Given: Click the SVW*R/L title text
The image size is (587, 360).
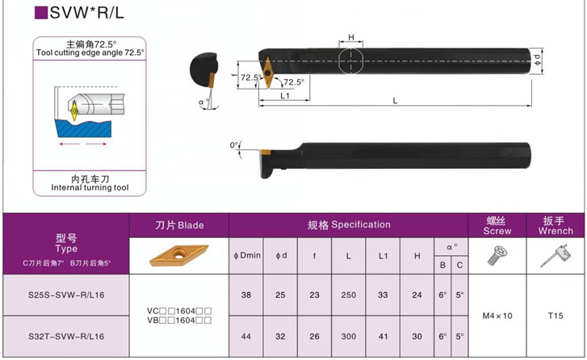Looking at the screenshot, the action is click(x=86, y=13).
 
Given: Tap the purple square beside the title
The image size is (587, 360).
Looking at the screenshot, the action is click(x=41, y=13).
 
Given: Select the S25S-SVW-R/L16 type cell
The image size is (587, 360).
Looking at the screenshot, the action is click(x=66, y=295).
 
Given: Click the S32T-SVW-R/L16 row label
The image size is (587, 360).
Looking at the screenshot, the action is click(x=66, y=337).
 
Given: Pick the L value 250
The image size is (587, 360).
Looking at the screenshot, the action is click(x=349, y=295).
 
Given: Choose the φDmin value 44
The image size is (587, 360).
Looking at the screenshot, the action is click(x=246, y=337).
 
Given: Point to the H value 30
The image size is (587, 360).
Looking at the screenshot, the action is click(x=417, y=337).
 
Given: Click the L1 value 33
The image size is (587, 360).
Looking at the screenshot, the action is click(x=383, y=295).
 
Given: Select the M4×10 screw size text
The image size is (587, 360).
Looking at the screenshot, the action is click(x=497, y=316).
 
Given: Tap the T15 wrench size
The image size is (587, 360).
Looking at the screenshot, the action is click(x=556, y=316).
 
